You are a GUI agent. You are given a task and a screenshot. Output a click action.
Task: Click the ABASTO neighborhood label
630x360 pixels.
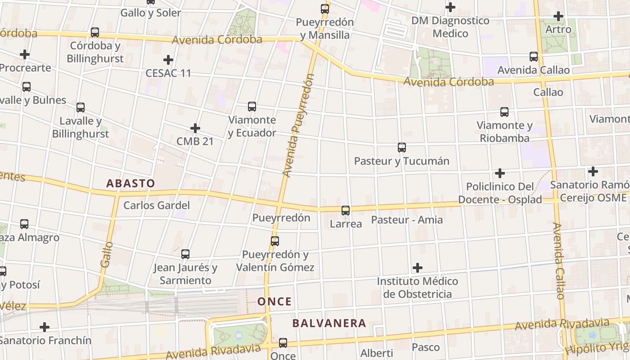point(130,184)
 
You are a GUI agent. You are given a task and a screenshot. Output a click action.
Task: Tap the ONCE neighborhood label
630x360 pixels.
point(275,301)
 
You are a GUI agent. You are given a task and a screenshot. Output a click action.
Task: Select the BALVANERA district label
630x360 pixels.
point(329,323)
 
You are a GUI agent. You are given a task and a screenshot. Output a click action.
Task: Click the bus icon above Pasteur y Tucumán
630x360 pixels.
point(402,147)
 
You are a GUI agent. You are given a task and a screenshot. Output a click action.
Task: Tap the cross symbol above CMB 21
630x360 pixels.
point(195,128)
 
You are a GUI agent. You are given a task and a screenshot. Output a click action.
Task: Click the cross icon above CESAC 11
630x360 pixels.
point(168,59)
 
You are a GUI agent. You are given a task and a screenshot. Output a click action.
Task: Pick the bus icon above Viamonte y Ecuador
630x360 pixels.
point(252,107)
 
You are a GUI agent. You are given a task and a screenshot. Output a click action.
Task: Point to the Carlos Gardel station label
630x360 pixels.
point(157,206)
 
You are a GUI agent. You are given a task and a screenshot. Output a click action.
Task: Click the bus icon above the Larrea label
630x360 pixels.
point(346,210)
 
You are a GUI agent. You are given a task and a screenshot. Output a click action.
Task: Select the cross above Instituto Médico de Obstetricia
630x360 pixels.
point(418,268)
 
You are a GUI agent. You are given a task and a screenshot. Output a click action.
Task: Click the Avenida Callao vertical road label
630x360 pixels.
point(559,261)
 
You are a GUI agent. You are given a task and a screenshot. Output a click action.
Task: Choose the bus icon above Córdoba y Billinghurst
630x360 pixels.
point(95,32)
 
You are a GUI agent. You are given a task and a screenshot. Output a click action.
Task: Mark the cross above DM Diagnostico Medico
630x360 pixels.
point(450,7)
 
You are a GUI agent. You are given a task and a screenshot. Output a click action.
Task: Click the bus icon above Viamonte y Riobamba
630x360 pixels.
point(504,112)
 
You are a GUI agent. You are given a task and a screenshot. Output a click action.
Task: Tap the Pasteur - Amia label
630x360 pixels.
point(407,220)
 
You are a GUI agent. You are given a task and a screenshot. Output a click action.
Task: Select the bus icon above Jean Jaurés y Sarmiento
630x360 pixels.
point(185,254)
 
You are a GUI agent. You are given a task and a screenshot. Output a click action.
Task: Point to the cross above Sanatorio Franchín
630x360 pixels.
point(45,327)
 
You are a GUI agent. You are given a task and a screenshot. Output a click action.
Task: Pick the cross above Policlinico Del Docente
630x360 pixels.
point(500,173)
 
